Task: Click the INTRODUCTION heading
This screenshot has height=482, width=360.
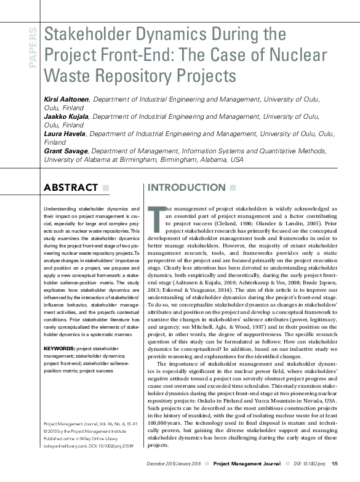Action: (183, 187)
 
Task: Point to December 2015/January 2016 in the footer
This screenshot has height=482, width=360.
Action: (175, 463)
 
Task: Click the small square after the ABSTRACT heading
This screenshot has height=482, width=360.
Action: (106, 187)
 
